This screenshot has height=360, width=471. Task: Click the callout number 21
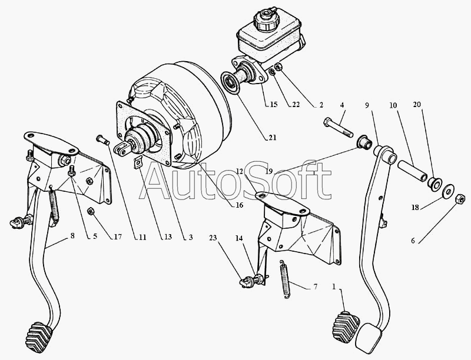point(272,138)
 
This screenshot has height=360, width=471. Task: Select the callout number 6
point(413,241)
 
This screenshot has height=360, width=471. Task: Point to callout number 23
point(213,238)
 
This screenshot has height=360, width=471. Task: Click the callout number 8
point(72,236)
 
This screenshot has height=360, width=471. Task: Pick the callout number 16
point(239,205)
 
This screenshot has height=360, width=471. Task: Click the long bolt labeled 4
point(338,128)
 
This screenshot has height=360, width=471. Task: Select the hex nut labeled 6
point(460,199)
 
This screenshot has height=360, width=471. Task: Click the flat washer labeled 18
point(449,191)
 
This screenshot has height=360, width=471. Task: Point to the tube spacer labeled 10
point(412,171)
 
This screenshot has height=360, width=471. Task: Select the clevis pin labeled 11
point(102,140)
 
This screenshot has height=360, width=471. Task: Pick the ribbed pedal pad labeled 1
point(346,327)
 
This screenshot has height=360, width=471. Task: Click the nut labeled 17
point(91,212)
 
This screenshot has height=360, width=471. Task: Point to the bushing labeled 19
point(364,142)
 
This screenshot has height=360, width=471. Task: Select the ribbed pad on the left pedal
point(39,337)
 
